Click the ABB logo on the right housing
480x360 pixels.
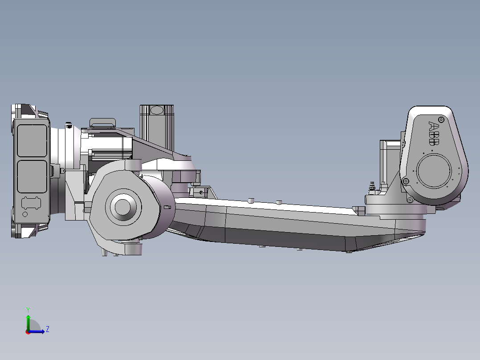click(x=433, y=133)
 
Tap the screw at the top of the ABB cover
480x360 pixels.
click(x=441, y=119)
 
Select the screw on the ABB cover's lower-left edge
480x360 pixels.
click(x=405, y=181)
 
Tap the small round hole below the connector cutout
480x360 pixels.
click(x=25, y=214)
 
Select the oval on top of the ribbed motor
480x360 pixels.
click(x=157, y=110)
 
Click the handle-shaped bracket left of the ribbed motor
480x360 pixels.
click(x=103, y=122)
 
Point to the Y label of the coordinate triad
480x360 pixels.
click(x=28, y=309)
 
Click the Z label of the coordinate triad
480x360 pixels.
click(x=47, y=329)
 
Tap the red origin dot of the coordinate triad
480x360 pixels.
click(x=28, y=331)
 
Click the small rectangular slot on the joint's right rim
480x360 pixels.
click(x=167, y=208)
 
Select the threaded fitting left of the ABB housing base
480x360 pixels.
click(x=371, y=188)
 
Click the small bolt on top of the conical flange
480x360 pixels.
click(x=69, y=125)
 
